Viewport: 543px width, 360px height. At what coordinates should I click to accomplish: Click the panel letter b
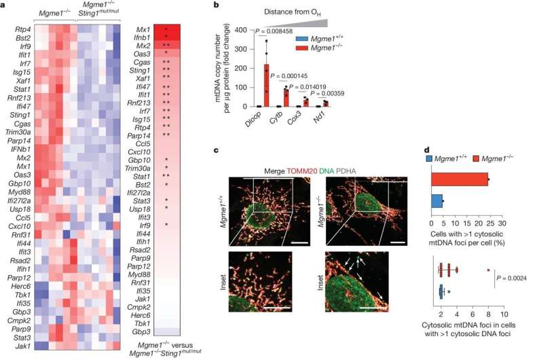tap(217, 5)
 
